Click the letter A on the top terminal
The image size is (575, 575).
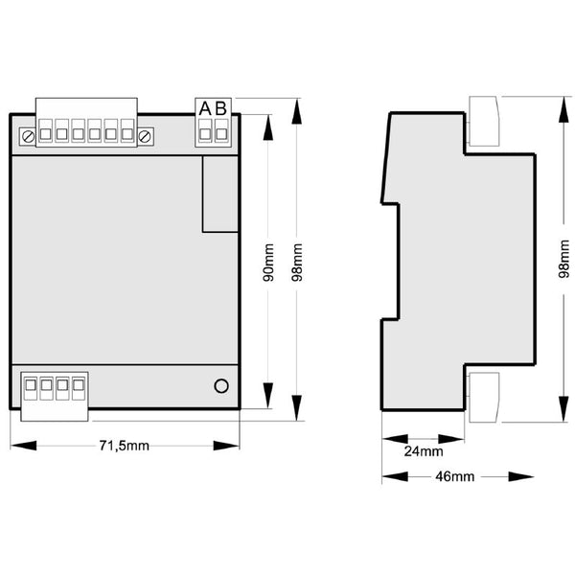point(205,108)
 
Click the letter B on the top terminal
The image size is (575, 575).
point(221,108)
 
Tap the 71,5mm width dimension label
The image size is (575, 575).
point(125,446)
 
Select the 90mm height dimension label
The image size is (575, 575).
point(268,263)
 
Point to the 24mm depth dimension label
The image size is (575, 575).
point(424,451)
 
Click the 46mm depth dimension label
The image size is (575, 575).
point(454,476)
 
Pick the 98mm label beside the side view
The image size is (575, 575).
point(564,259)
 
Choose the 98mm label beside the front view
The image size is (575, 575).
point(297,263)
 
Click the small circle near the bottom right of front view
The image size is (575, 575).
point(221,386)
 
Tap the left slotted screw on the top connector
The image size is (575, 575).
point(28,137)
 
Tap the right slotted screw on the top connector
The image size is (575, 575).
point(145,137)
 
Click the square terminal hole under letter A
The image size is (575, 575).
point(205,134)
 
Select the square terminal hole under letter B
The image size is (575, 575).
point(221,134)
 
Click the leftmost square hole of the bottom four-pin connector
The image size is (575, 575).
point(31,385)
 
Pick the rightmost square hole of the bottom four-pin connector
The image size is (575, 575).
point(79,385)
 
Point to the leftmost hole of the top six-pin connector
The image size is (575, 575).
point(45,134)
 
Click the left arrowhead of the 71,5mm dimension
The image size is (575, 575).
point(23,446)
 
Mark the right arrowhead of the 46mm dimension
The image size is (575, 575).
point(521,476)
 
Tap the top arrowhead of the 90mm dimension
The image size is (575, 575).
point(268,127)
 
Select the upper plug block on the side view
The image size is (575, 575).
point(484,121)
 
